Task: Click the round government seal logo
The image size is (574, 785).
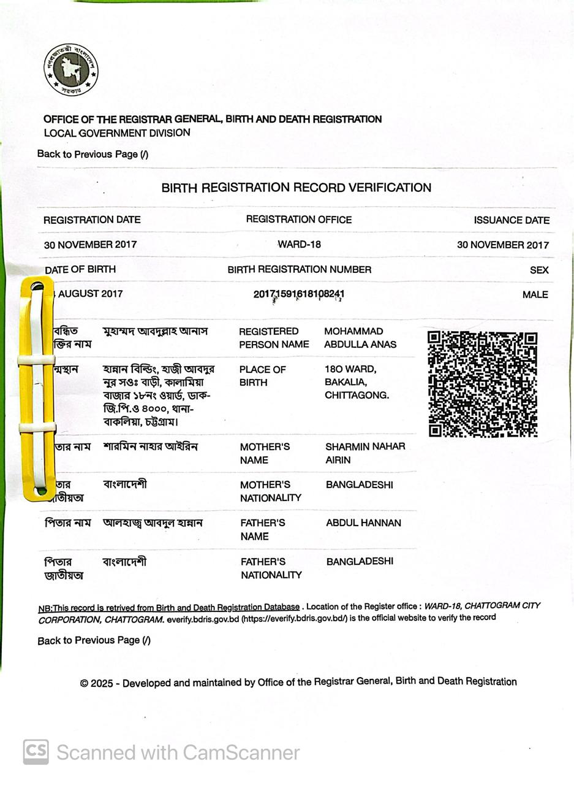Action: [70, 69]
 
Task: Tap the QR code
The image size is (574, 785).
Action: [482, 384]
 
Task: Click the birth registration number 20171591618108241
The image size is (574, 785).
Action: [299, 294]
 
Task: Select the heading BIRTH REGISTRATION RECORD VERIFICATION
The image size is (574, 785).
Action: [296, 188]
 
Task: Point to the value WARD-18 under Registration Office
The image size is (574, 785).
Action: [299, 244]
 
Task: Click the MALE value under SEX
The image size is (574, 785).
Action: [535, 294]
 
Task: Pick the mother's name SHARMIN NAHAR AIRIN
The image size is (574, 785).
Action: [365, 453]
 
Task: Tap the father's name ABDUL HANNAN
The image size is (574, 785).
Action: [363, 523]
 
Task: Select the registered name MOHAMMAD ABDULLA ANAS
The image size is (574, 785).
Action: [360, 338]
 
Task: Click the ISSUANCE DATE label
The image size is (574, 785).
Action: [511, 220]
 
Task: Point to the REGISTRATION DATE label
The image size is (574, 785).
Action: [92, 220]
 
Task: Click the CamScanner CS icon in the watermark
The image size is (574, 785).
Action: [36, 752]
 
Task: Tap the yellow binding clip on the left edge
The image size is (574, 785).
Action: [37, 389]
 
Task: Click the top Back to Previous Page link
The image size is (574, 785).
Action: [93, 154]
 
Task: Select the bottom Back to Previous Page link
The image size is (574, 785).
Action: [94, 640]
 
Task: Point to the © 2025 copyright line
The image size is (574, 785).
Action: [298, 681]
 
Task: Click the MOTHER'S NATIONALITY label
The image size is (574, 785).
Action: [270, 491]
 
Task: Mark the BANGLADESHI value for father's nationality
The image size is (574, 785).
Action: [360, 561]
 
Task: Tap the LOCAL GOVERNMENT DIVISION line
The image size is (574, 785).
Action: [117, 132]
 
